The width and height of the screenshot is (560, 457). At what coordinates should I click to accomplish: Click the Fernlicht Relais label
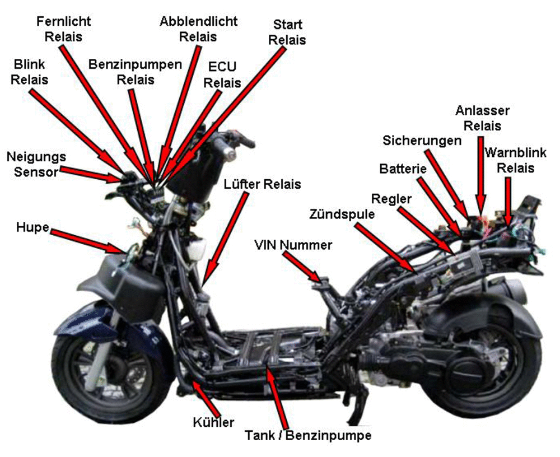(x=64, y=29)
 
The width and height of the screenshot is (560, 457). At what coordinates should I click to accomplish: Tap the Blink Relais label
(x=29, y=72)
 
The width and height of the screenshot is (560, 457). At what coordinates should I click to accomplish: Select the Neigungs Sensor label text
(x=36, y=164)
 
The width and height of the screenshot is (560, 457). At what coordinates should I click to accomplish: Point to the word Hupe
(x=32, y=227)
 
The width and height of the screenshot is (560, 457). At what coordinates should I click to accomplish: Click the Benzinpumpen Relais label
(x=136, y=72)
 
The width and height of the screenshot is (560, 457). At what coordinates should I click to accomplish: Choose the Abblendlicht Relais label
(x=198, y=29)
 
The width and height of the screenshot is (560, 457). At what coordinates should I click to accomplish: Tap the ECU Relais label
(x=222, y=74)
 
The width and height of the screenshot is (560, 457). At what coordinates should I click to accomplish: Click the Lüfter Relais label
(x=263, y=184)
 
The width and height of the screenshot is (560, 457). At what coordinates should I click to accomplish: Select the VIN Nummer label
(x=293, y=245)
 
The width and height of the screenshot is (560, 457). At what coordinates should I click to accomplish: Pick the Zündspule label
(x=342, y=214)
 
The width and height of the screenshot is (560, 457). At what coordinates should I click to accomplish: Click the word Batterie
(x=403, y=168)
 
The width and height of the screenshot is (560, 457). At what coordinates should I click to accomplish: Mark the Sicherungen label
(x=422, y=141)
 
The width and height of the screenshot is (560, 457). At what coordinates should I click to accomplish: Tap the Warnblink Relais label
(x=515, y=160)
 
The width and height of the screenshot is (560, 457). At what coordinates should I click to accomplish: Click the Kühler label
(x=213, y=422)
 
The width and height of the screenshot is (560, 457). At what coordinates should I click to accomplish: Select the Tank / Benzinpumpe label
(x=308, y=436)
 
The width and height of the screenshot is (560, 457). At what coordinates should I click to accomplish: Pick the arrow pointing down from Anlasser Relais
(x=480, y=175)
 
